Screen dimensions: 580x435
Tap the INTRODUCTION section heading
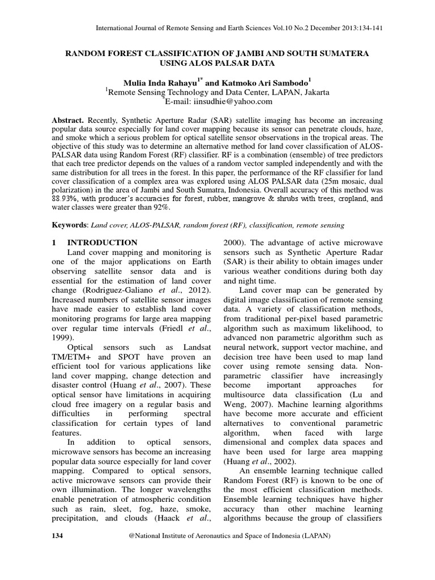[103, 242]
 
